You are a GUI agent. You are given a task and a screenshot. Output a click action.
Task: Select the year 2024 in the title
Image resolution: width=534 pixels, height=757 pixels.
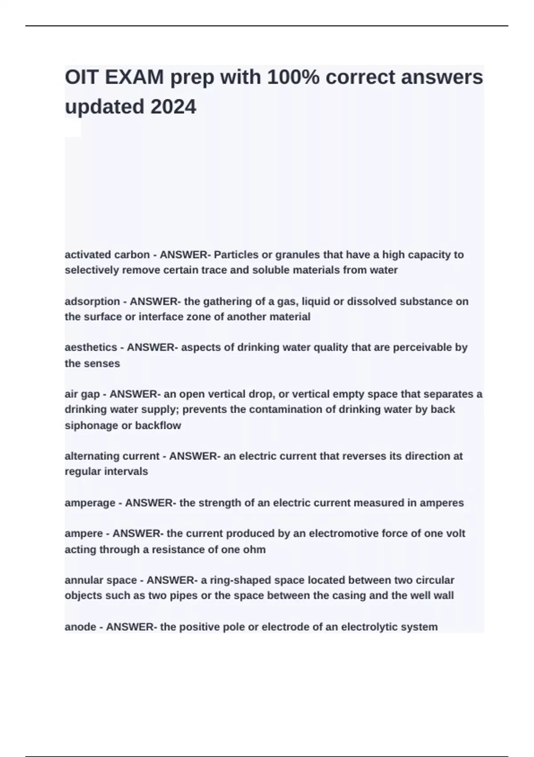(173, 107)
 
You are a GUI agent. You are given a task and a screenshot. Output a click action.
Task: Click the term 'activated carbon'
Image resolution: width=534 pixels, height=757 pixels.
(107, 255)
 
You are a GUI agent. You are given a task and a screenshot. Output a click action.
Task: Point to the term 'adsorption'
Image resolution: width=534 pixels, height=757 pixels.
(92, 301)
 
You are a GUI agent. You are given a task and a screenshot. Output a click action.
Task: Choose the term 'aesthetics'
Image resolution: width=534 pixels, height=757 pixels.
(91, 347)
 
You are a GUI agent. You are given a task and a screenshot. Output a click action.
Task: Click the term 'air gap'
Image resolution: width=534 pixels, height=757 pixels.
(82, 395)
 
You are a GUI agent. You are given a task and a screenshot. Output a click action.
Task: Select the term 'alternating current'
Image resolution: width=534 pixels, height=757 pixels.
(112, 456)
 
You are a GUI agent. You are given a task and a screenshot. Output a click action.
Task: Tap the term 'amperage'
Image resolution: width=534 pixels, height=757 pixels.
(90, 503)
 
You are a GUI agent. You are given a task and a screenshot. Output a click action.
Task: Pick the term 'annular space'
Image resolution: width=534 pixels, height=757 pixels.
(101, 581)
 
